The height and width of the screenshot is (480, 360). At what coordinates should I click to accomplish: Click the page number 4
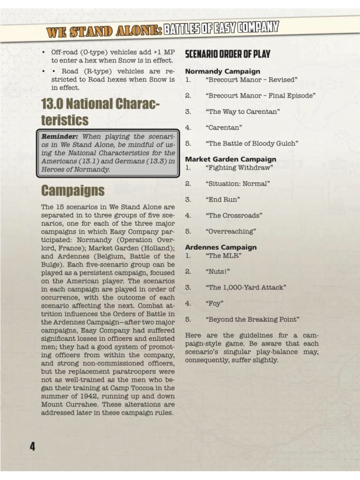33,446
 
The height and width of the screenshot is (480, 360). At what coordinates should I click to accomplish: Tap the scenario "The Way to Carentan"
243,111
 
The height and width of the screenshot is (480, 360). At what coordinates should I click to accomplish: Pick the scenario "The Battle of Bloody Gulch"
252,143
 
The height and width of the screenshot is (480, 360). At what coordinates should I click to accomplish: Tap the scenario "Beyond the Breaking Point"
252,319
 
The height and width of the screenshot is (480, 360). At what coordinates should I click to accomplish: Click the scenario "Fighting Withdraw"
239,167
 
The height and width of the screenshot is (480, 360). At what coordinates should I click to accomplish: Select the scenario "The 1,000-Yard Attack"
245,288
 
